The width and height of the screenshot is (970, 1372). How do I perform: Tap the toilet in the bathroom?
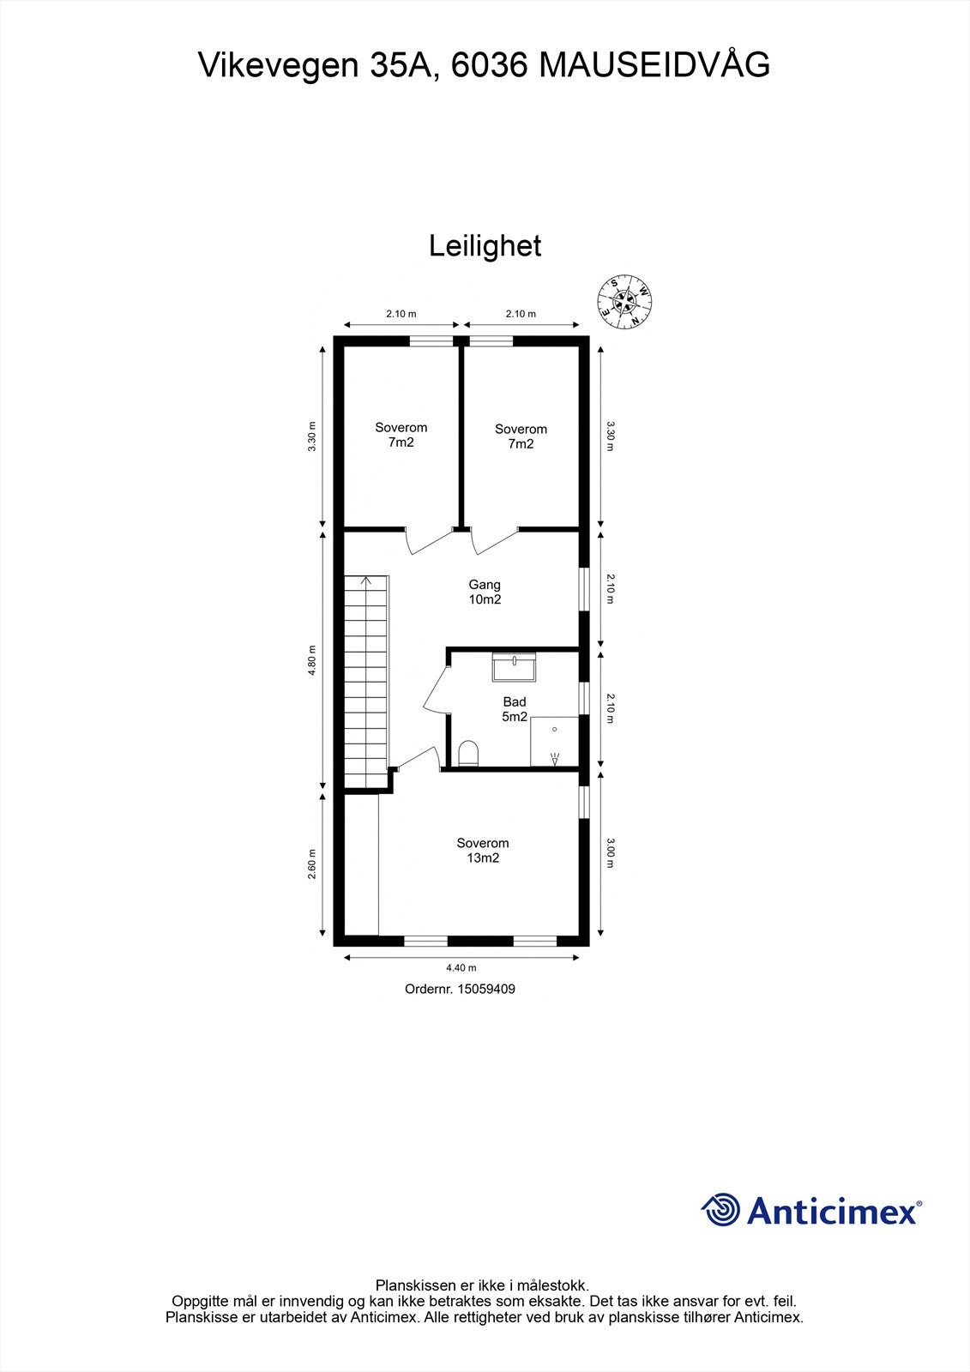[x=468, y=753]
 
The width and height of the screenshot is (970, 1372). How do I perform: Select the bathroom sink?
[x=514, y=666]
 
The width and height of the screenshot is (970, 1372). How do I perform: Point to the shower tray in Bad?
[x=554, y=742]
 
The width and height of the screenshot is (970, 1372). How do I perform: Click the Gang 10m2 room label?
[x=485, y=592]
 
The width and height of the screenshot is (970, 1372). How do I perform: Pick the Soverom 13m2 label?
[x=482, y=850]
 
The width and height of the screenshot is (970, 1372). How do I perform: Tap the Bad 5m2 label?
[x=515, y=709]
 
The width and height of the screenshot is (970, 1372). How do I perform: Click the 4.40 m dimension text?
[x=467, y=968]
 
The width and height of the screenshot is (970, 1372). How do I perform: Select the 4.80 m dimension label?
[x=313, y=660]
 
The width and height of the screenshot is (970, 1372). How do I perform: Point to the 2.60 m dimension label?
[x=313, y=864]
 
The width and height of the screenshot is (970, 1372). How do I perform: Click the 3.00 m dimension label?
[x=610, y=852]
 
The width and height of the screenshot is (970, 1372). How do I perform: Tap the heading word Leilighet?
[x=485, y=246]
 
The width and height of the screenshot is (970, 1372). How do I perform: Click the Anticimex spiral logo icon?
[x=721, y=1210]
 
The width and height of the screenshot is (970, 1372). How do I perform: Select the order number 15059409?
[x=486, y=989]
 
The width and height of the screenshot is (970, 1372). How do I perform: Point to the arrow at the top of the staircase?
[x=366, y=581]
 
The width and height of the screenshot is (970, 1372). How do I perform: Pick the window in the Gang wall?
[x=584, y=589]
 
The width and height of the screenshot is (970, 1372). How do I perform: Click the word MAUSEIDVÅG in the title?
[x=654, y=65]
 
